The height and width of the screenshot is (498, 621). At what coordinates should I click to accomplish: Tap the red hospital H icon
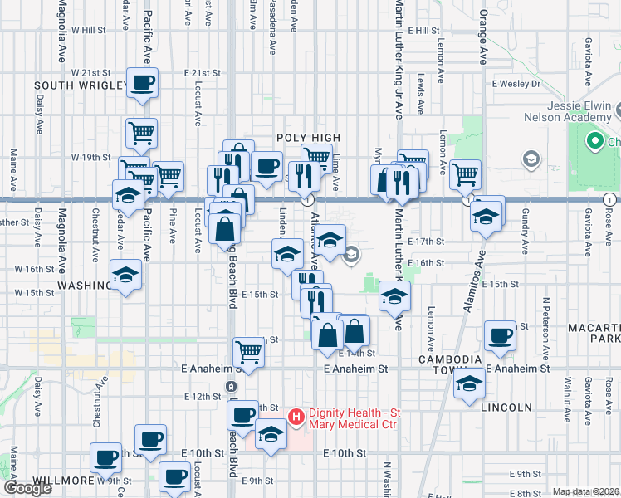(x=293, y=415)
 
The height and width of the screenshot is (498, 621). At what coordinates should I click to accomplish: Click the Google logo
(x=27, y=488)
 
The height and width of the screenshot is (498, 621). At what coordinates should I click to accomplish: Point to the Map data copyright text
(x=586, y=491)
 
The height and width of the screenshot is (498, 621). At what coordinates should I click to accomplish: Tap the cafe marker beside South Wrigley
(x=143, y=83)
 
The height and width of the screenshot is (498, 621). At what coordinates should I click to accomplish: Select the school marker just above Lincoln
(x=469, y=384)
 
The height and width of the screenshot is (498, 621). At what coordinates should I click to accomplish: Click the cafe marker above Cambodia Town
(x=501, y=336)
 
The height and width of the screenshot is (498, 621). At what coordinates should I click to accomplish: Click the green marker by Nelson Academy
(x=594, y=142)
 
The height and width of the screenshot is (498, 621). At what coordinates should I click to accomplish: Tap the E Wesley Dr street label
(x=516, y=84)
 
